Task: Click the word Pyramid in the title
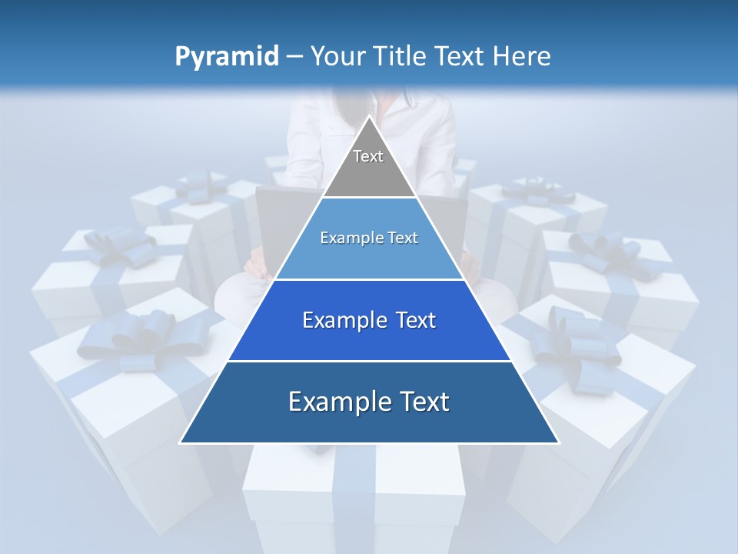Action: [226, 57]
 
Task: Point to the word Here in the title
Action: [523, 56]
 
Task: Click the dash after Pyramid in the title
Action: [294, 57]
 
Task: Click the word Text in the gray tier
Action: [368, 156]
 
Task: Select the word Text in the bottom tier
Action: [425, 402]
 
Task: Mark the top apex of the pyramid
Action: [369, 116]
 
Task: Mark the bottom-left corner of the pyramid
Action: [181, 443]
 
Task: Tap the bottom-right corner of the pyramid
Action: [558, 443]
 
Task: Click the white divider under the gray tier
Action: [369, 198]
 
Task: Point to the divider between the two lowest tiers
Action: [369, 361]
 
